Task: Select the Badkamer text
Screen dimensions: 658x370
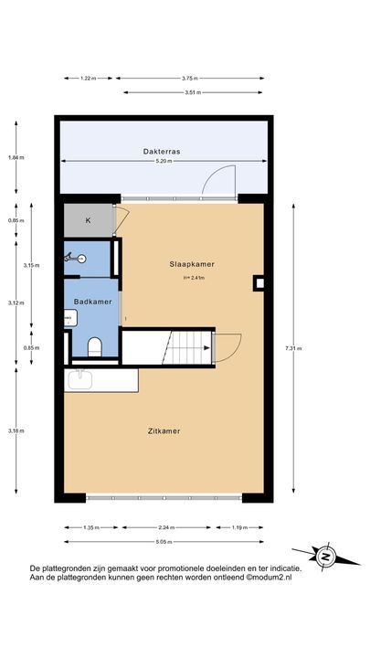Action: (x=92, y=302)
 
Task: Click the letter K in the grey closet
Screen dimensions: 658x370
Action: (x=89, y=221)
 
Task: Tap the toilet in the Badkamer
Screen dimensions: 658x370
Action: (x=95, y=345)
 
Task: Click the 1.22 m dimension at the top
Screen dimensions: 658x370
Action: (x=88, y=78)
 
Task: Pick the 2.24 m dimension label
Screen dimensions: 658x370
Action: (x=164, y=527)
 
